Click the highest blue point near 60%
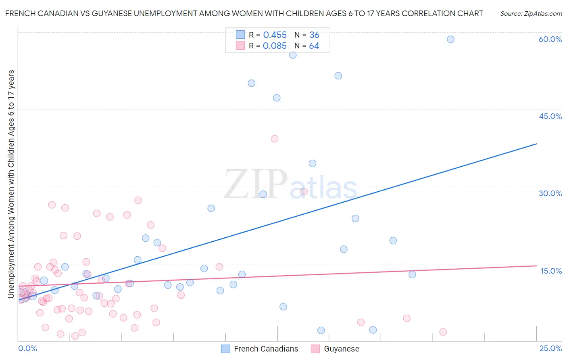tap(450, 39)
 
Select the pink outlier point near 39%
tap(275, 138)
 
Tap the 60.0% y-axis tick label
tap(550, 39)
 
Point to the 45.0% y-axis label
tap(550, 116)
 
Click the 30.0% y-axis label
tap(550, 193)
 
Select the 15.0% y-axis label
tap(551, 271)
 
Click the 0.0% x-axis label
tap(27, 348)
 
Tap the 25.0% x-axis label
tap(550, 348)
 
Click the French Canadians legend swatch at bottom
tap(226, 349)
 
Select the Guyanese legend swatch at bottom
tap(315, 349)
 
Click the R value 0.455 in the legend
tap(275, 35)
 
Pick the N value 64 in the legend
tap(314, 46)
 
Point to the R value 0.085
tap(275, 46)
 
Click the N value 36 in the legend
tap(314, 35)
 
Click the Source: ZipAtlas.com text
tap(531, 13)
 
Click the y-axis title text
tap(11, 184)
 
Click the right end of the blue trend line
tap(536, 144)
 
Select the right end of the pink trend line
tap(536, 266)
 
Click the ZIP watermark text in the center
tap(256, 184)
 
